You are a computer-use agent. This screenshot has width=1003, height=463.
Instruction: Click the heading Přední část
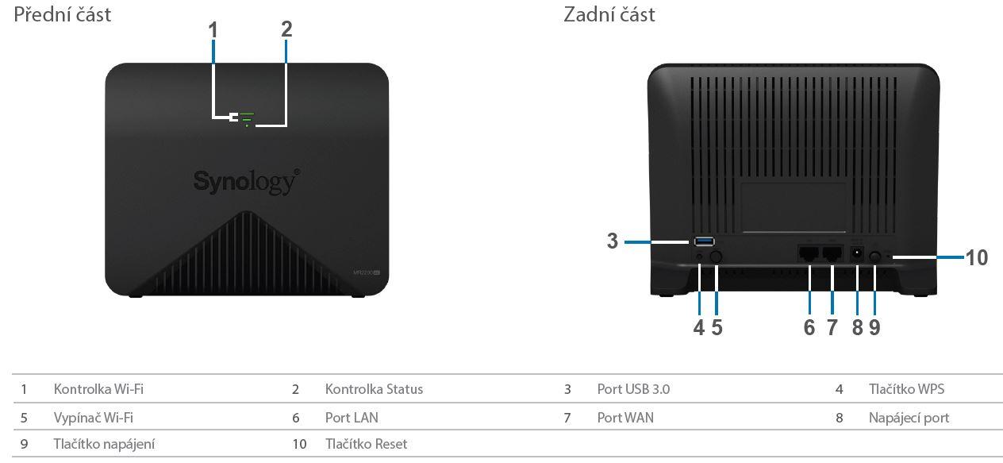point(63,14)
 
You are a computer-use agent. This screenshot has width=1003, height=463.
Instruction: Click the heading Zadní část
point(609,14)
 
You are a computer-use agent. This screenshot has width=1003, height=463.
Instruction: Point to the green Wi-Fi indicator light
point(247,117)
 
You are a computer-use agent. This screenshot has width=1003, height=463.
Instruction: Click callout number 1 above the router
point(213,29)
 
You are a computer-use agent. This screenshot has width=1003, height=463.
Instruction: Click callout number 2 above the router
point(286,29)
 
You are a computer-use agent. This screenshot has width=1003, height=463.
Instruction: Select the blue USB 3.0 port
point(704,241)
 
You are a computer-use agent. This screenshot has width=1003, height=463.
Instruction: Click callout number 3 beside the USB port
point(612,241)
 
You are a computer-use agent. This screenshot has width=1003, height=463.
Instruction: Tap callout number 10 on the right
point(977,257)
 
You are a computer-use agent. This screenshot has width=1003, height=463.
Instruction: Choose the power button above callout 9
point(875,257)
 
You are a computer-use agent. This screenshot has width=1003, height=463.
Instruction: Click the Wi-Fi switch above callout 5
point(716,257)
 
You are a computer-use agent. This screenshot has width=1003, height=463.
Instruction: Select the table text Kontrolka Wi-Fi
point(98,389)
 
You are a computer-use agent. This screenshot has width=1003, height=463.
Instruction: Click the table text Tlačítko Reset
point(366,444)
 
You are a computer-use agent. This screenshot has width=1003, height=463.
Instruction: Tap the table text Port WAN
point(625,417)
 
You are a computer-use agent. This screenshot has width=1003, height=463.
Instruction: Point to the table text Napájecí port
point(909,417)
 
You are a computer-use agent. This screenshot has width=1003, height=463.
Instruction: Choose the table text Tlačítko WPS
point(906,389)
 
